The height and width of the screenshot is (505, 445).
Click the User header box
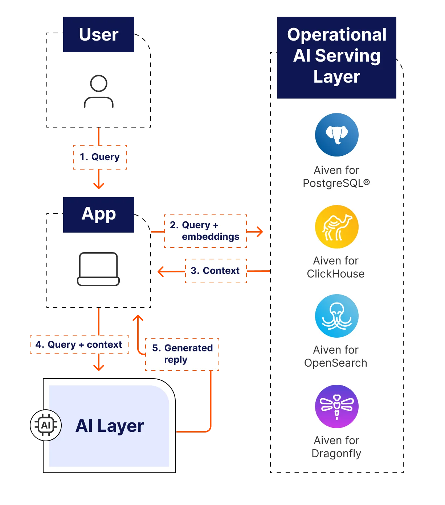click(x=99, y=34)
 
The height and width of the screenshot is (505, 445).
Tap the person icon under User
click(x=99, y=91)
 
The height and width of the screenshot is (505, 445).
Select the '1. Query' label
click(x=100, y=157)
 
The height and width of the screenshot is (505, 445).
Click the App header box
click(x=99, y=214)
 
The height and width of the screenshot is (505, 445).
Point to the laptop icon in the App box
click(x=98, y=269)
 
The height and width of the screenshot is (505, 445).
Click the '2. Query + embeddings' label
click(x=205, y=231)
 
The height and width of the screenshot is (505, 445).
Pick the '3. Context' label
click(x=216, y=271)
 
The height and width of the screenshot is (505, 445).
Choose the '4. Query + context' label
click(x=79, y=345)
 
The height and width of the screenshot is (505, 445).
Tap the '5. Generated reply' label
click(x=182, y=354)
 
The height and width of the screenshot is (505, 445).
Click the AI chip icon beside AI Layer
click(x=46, y=425)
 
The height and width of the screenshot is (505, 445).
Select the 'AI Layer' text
click(x=110, y=426)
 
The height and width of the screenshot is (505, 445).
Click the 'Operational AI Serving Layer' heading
click(x=336, y=56)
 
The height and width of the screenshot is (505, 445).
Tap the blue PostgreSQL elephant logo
click(x=337, y=135)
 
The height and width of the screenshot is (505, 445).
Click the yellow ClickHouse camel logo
click(x=337, y=227)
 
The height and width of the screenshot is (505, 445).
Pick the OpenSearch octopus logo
click(x=337, y=316)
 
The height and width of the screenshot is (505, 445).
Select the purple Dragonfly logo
click(x=337, y=406)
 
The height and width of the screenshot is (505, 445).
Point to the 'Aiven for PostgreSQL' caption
click(x=336, y=176)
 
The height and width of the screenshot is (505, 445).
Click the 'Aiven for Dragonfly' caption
click(x=336, y=447)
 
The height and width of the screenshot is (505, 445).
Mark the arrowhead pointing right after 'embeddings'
click(x=260, y=231)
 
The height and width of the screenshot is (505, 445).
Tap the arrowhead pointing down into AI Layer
click(x=99, y=367)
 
